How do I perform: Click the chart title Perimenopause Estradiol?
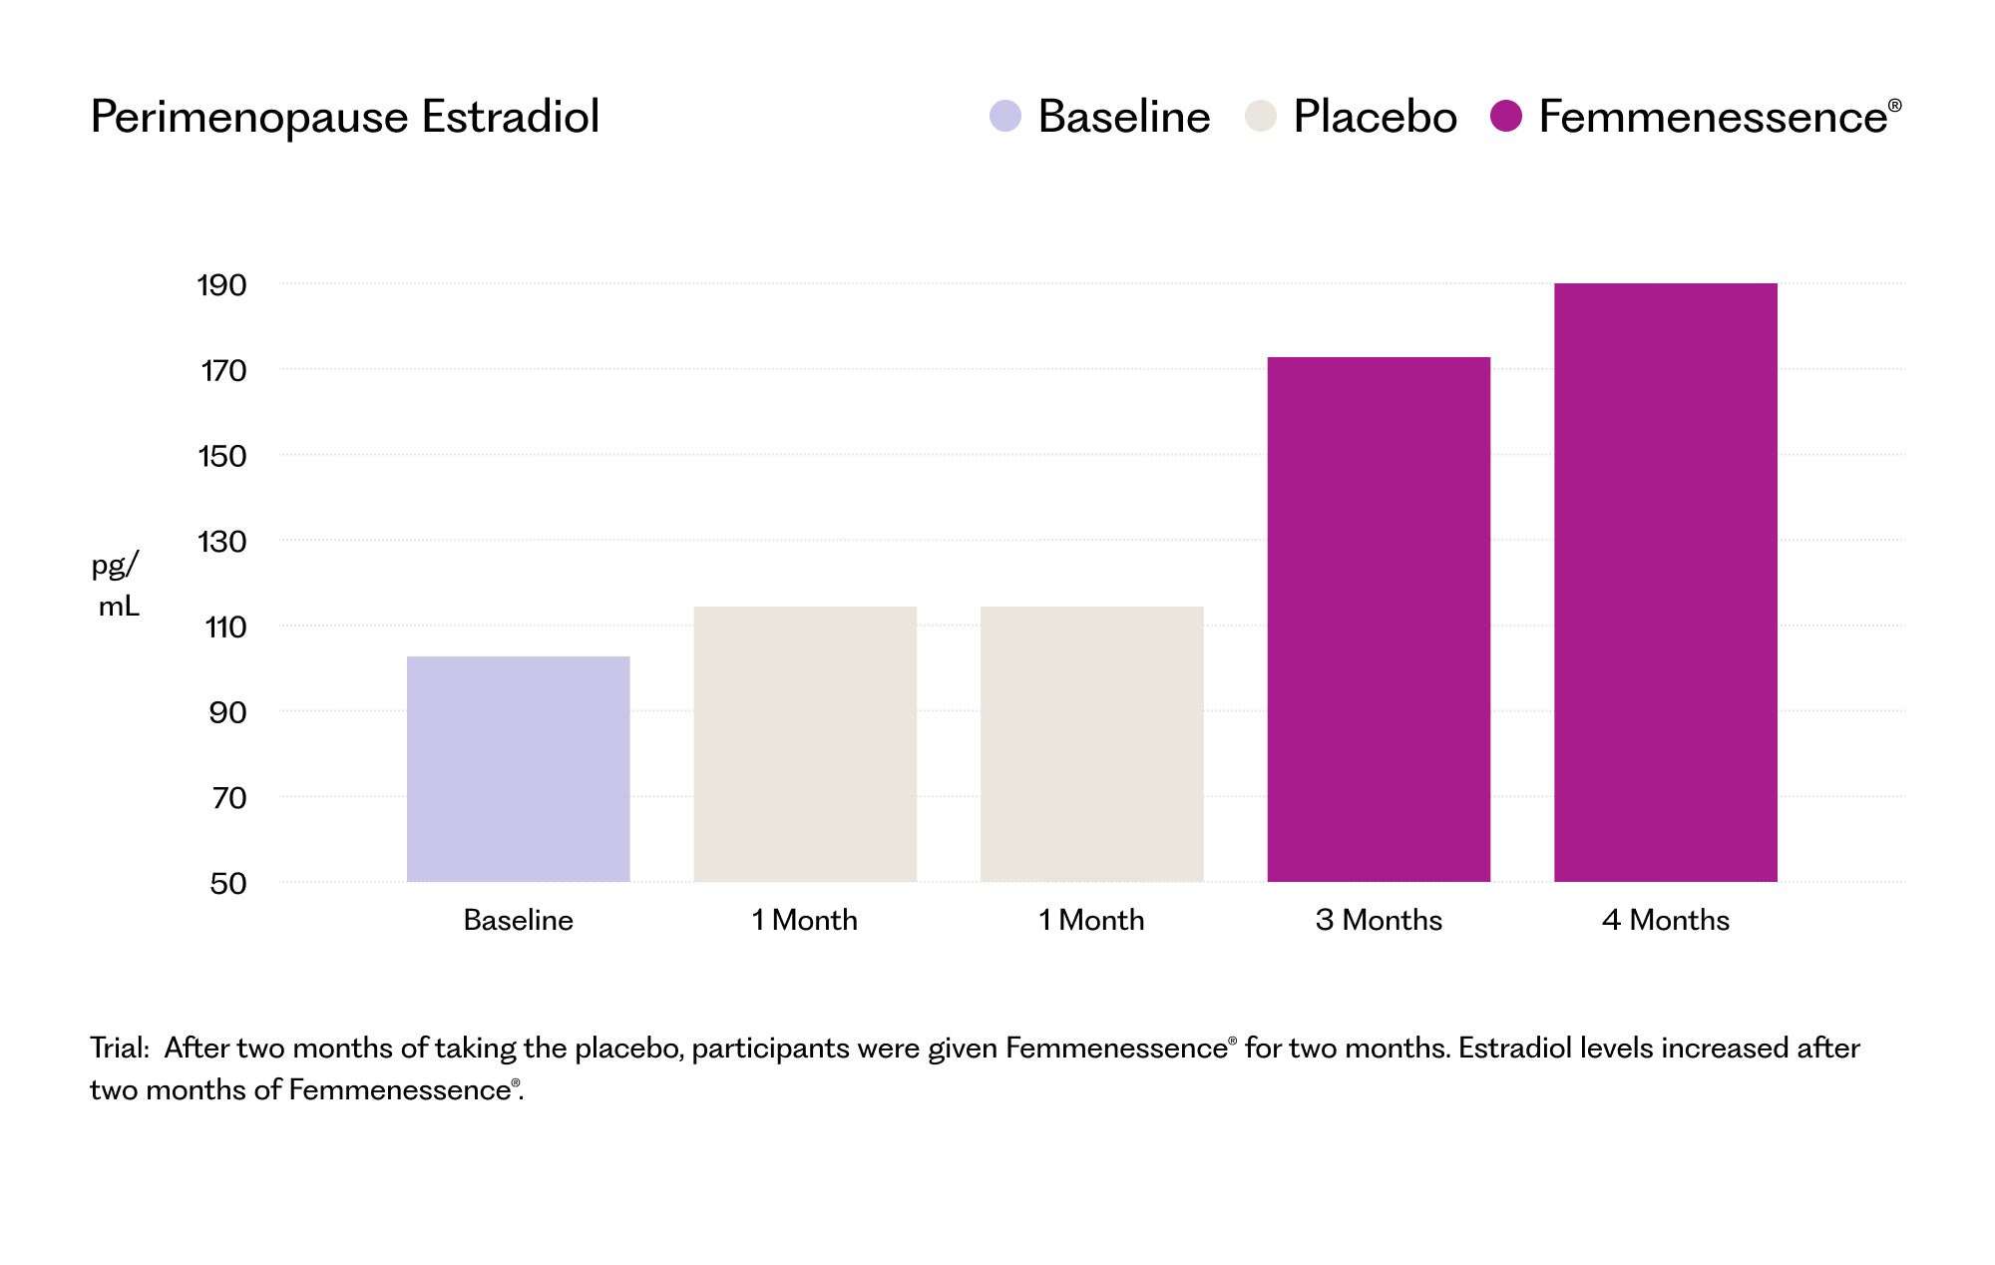pos(344,117)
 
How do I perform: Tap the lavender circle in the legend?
pos(1004,116)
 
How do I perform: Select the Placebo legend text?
pos(1375,117)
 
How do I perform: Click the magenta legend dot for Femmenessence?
pos(1505,116)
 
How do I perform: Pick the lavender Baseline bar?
pos(518,768)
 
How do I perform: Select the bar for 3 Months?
pos(1379,619)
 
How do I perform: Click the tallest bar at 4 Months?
pos(1665,582)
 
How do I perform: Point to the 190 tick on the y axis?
pos(221,285)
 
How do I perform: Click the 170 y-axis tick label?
pos(222,371)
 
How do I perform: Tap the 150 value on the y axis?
pos(221,456)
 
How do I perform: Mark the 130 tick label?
pos(221,542)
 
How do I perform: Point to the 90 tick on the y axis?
pos(226,712)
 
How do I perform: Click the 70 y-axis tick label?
pos(228,798)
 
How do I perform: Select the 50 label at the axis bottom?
pos(227,883)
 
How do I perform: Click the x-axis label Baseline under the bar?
pos(518,920)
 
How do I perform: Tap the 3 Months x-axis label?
pos(1379,920)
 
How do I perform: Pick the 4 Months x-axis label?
pos(1665,920)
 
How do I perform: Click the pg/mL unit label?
pos(117,585)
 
